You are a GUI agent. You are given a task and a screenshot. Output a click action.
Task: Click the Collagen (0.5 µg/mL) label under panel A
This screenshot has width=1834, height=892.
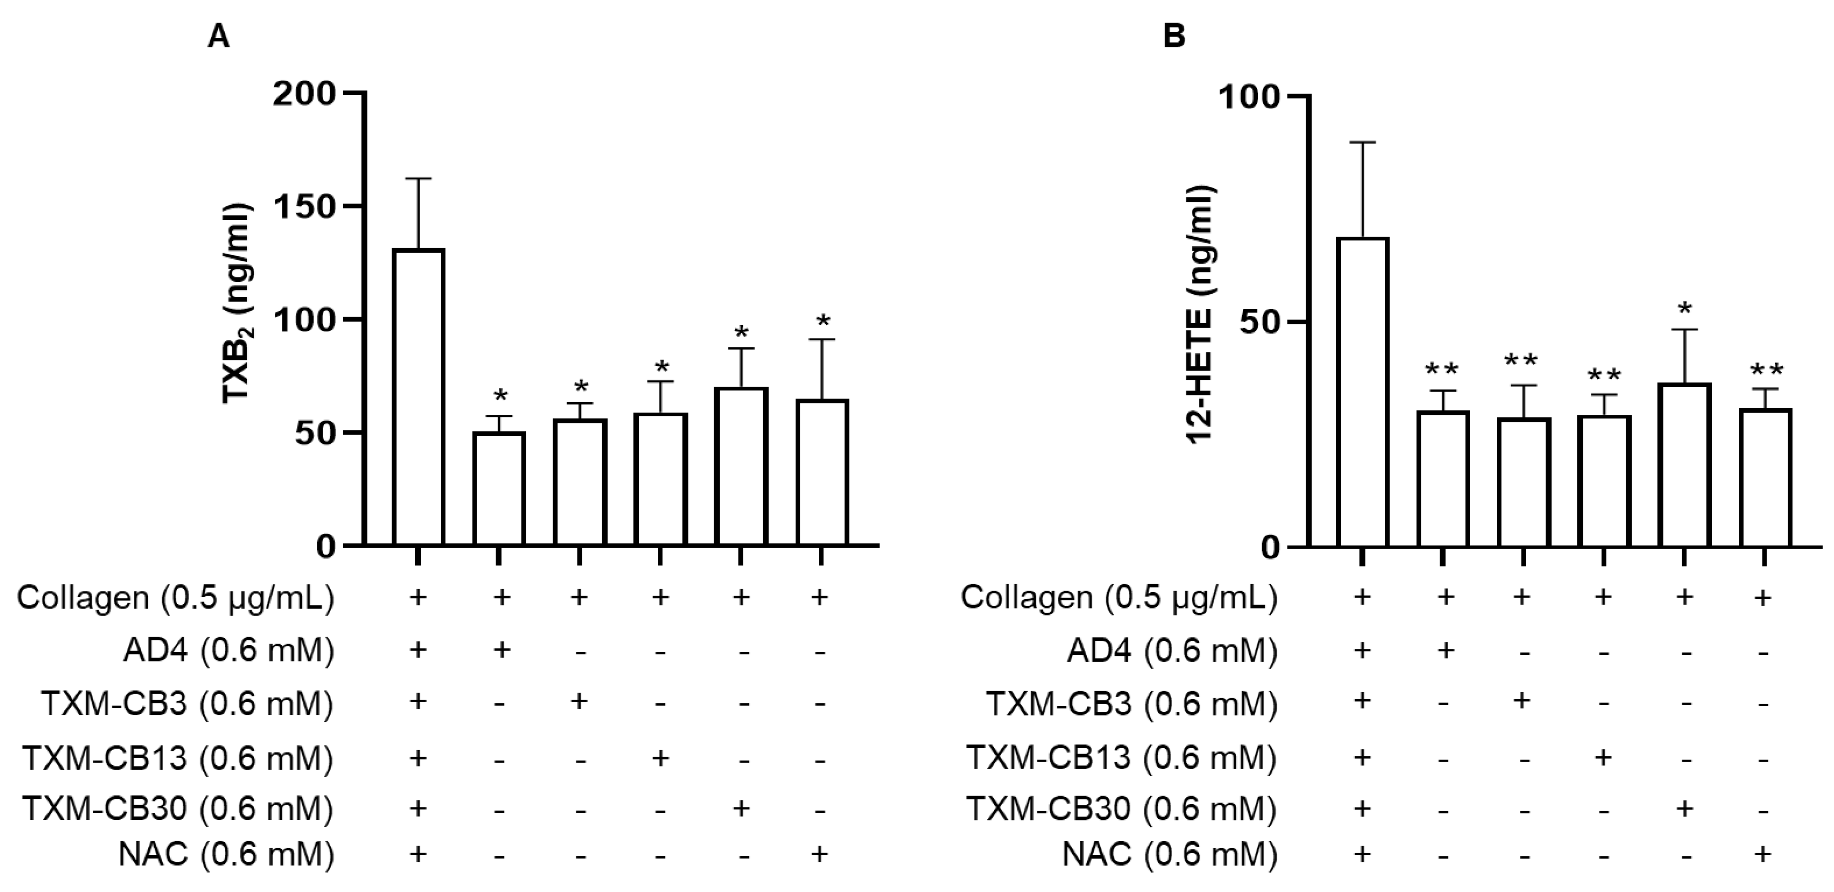[175, 598]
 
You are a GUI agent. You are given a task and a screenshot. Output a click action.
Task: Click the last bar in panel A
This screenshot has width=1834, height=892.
[821, 473]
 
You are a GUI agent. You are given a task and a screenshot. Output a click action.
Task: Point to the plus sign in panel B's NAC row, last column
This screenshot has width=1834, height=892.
[1763, 853]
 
